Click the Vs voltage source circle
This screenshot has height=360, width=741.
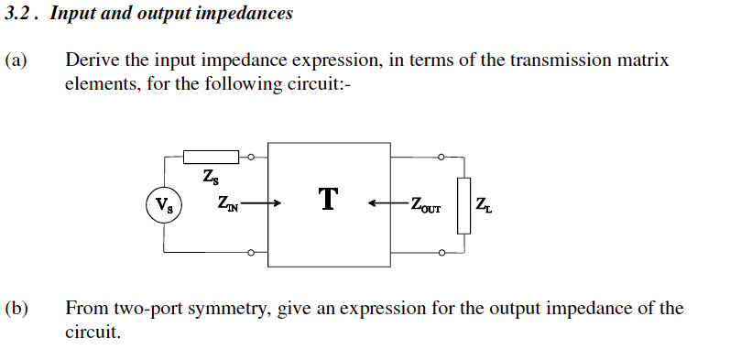(164, 203)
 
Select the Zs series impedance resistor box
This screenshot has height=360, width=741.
(211, 157)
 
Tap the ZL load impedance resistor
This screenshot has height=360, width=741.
(463, 205)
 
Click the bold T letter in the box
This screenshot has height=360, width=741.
(328, 199)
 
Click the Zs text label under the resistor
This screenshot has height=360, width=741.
(211, 176)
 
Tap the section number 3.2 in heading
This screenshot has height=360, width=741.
(18, 14)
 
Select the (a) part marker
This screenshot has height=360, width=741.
(16, 60)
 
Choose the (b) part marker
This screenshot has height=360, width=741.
(16, 308)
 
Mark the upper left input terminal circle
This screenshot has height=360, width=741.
(252, 157)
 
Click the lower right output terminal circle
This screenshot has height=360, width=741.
(441, 251)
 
